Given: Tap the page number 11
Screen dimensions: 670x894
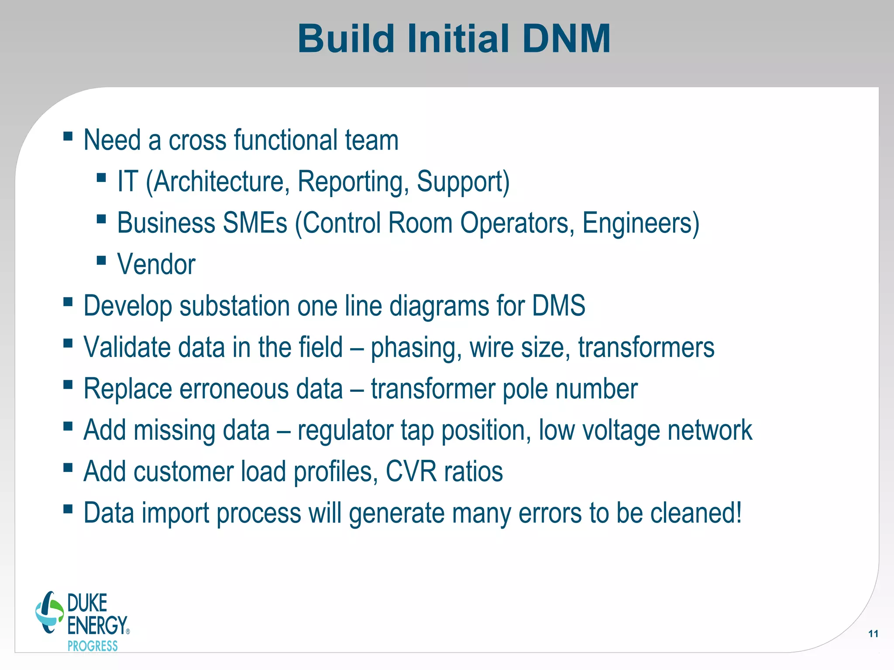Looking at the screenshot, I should [873, 634].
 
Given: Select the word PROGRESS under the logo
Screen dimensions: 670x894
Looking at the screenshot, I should [93, 646].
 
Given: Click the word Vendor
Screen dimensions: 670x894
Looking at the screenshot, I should [156, 264].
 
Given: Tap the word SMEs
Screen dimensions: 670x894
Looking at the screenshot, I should [254, 223].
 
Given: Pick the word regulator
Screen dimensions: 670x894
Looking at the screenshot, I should [345, 431].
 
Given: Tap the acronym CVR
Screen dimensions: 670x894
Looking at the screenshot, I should [411, 472].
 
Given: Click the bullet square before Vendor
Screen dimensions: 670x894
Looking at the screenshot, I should [101, 260].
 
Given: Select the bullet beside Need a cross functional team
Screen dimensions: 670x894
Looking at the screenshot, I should [68, 136].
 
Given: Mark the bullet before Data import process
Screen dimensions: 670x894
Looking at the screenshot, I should [68, 509].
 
